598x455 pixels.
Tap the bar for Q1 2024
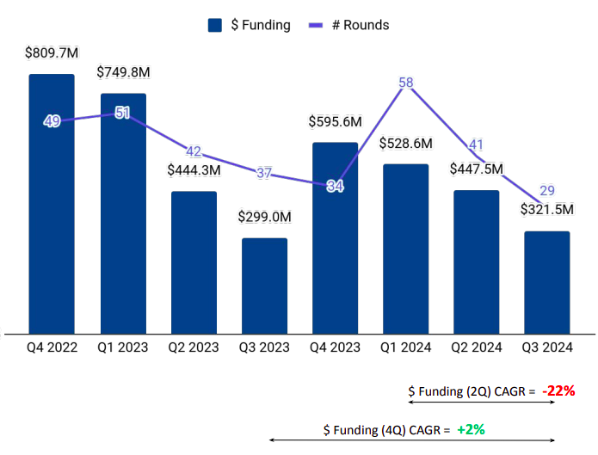pyautogui.click(x=406, y=249)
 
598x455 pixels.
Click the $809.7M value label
pyautogui.click(x=52, y=53)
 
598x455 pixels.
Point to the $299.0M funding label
pyautogui.click(x=264, y=217)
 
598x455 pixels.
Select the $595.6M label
pyautogui.click(x=336, y=121)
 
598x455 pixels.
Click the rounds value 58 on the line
pyautogui.click(x=407, y=83)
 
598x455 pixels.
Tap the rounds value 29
pyautogui.click(x=547, y=191)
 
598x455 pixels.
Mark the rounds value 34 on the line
pyautogui.click(x=336, y=187)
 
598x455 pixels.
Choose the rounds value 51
pyautogui.click(x=122, y=112)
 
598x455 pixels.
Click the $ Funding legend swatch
pyautogui.click(x=215, y=25)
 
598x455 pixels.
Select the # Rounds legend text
pyautogui.click(x=367, y=25)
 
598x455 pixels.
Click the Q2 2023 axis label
pyautogui.click(x=194, y=347)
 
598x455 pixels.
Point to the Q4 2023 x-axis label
pyautogui.click(x=336, y=347)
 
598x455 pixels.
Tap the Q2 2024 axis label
pyautogui.click(x=477, y=347)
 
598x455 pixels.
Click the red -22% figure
pyautogui.click(x=558, y=390)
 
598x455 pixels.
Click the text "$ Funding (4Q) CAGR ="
pyautogui.click(x=387, y=427)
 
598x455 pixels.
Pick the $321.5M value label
pyautogui.click(x=547, y=209)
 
